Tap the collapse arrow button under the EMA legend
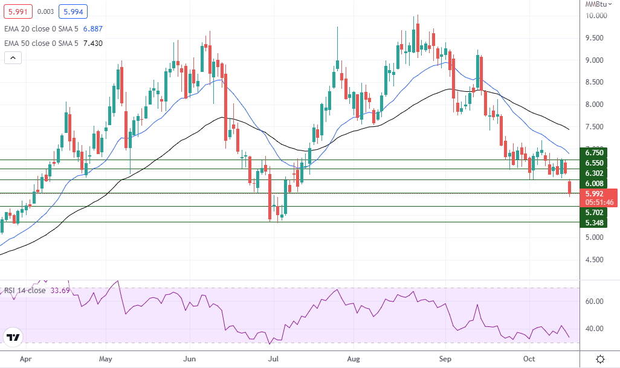pos(13,58)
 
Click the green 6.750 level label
pos(595,153)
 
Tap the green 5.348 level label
pos(595,223)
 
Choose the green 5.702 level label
pos(595,213)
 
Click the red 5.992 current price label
pos(595,193)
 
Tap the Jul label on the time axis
pos(274,358)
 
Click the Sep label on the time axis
pos(445,358)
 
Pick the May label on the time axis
pos(105,358)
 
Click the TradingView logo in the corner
pos(13,337)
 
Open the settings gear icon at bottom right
pos(600,359)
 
